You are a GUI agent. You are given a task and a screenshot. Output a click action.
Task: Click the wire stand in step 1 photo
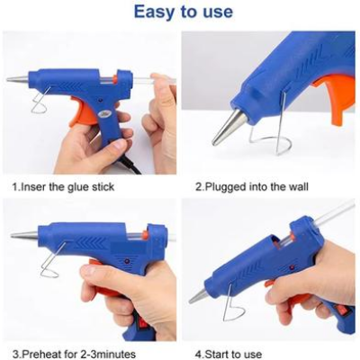coord(41,103)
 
